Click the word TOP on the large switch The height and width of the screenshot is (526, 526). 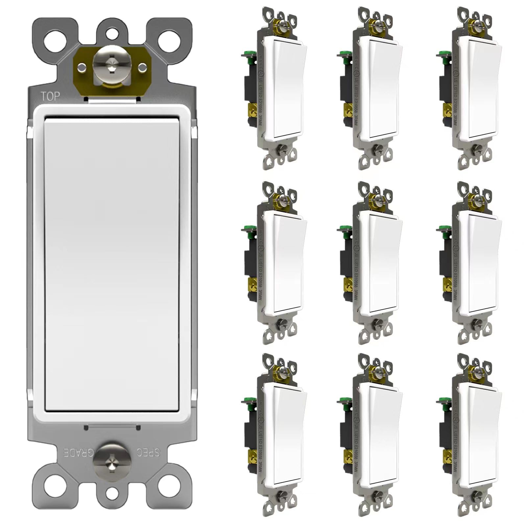50,96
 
